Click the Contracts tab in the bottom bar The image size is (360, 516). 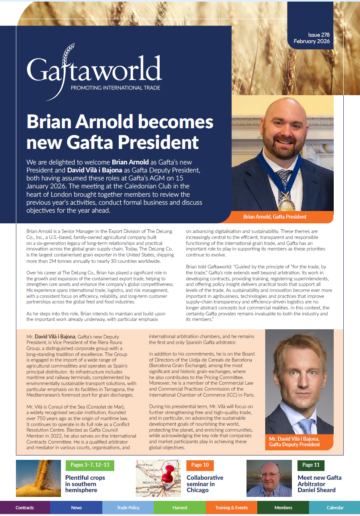click(x=25, y=508)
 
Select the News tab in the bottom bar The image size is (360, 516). click(x=76, y=508)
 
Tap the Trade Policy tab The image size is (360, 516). click(x=128, y=508)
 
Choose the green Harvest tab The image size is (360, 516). click(x=180, y=508)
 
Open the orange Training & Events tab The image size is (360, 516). click(x=231, y=508)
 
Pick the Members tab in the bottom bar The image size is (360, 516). click(x=283, y=508)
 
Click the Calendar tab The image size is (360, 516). click(x=335, y=508)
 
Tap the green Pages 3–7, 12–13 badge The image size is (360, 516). click(x=90, y=465)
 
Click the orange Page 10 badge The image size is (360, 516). click(x=200, y=465)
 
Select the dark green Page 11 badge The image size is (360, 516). click(x=311, y=465)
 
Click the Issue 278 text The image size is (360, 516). click(x=319, y=35)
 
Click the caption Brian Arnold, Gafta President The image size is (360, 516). click(x=275, y=217)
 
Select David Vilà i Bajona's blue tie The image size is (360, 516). click(x=305, y=426)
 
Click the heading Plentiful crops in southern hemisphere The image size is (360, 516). click(x=85, y=484)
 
